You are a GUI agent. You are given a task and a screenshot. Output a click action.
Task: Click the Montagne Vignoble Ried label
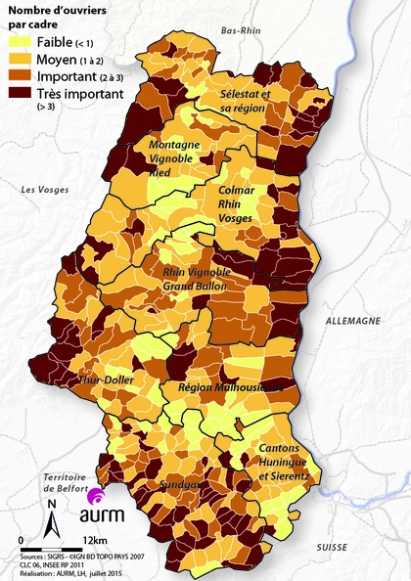(x=174, y=158)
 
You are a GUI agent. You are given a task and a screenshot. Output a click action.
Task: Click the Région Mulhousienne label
(x=230, y=387)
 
